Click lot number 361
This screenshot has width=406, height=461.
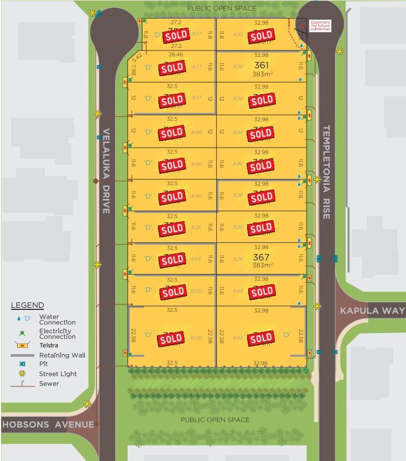pyautogui.click(x=261, y=65)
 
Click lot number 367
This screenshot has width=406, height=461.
pyautogui.click(x=261, y=256)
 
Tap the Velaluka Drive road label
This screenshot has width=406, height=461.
pyautogui.click(x=106, y=171)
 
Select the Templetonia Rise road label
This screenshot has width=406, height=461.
pyautogui.click(x=325, y=172)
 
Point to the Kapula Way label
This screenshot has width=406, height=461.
pyautogui.click(x=372, y=310)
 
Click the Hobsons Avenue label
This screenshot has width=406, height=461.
pyautogui.click(x=48, y=424)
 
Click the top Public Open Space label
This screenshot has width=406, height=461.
pyautogui.click(x=222, y=9)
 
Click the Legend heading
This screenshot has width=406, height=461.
pyautogui.click(x=27, y=305)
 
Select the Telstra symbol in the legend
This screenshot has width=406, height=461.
pyautogui.click(x=21, y=345)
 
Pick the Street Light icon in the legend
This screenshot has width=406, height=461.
pyautogui.click(x=22, y=374)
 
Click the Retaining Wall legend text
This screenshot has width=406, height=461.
pyautogui.click(x=62, y=355)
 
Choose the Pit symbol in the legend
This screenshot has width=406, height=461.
pyautogui.click(x=22, y=364)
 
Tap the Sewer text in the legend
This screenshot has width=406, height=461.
pyautogui.click(x=49, y=383)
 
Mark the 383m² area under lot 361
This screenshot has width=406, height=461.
pyautogui.click(x=262, y=74)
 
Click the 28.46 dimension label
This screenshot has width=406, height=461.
pyautogui.click(x=176, y=54)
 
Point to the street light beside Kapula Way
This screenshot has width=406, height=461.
pyautogui.click(x=317, y=306)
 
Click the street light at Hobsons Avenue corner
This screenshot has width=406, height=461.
pyautogui.click(x=87, y=404)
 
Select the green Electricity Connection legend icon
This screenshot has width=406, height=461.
pyautogui.click(x=22, y=334)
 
